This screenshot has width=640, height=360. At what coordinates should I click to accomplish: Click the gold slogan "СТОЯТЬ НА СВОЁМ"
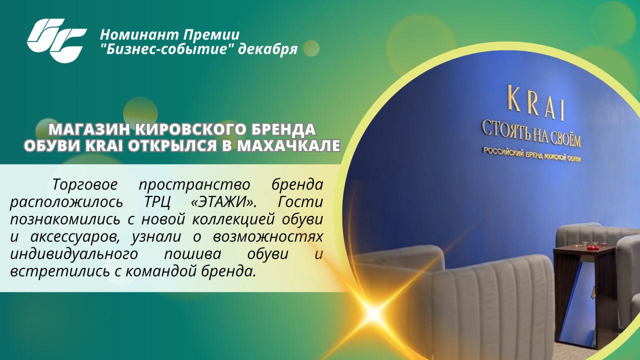click(x=531, y=134)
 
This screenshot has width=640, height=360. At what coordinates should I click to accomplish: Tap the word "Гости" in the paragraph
click(x=300, y=202)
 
